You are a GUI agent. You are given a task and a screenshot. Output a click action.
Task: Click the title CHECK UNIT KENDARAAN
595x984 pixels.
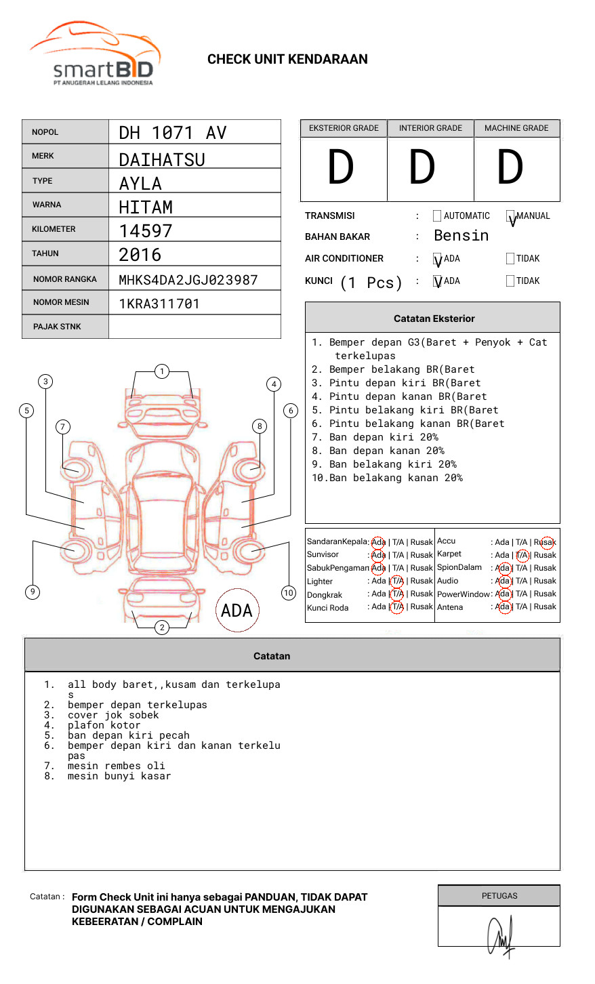click(x=287, y=60)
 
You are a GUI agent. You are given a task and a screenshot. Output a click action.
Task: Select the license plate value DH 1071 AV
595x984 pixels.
click(x=173, y=133)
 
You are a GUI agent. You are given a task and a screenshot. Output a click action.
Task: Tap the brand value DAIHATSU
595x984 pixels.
click(x=162, y=159)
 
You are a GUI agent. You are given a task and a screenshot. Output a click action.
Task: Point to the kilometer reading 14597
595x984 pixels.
click(x=146, y=231)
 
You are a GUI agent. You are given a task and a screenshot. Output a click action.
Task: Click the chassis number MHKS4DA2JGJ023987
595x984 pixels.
click(x=188, y=280)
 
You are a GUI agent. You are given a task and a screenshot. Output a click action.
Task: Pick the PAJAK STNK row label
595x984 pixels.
click(x=57, y=327)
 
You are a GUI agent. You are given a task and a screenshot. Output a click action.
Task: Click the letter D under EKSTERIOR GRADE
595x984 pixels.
click(x=341, y=168)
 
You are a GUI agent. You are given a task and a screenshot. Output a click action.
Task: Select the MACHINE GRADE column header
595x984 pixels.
click(x=516, y=128)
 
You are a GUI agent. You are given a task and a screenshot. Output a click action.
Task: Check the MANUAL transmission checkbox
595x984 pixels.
click(x=511, y=216)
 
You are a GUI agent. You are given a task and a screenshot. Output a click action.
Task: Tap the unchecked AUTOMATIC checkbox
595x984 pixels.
click(x=437, y=216)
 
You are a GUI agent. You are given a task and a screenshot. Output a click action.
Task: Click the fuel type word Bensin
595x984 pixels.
click(x=461, y=236)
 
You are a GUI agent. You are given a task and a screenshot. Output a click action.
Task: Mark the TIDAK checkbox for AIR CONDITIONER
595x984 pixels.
click(x=510, y=259)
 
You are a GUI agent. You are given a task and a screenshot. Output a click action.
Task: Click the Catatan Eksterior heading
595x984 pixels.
click(x=434, y=319)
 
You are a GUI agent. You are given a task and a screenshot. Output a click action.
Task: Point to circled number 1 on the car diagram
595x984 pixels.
click(x=161, y=371)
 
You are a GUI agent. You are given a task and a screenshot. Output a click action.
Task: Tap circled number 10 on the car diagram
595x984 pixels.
click(x=289, y=593)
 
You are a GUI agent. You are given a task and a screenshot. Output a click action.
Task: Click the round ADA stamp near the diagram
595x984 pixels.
click(x=237, y=611)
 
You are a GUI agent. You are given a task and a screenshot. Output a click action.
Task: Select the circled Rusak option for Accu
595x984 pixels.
click(x=545, y=542)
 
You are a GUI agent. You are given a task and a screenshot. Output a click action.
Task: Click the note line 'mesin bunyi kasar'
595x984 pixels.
click(x=119, y=777)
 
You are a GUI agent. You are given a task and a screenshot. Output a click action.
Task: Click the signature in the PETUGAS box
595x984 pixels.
click(x=500, y=935)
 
